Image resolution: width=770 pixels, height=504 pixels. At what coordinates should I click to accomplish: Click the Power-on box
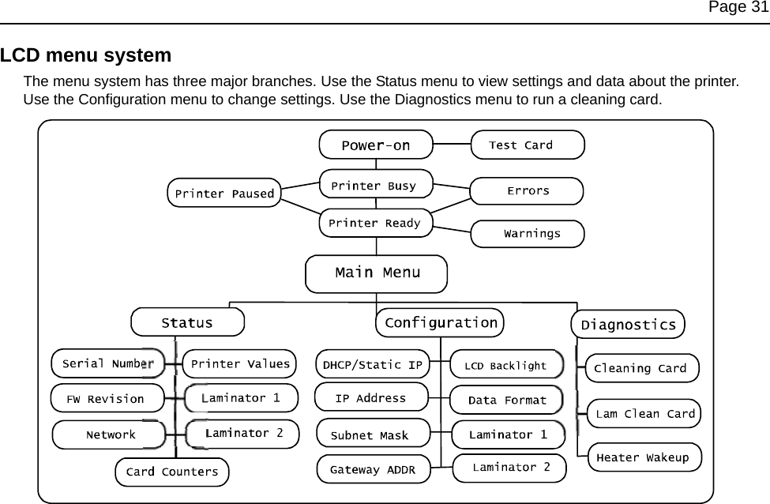376,145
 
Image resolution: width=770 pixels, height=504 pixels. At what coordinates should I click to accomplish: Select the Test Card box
527,145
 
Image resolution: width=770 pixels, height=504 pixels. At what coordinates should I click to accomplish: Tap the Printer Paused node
224,193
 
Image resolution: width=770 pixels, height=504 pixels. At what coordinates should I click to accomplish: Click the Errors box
527,191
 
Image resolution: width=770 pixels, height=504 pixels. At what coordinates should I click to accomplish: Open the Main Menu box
376,273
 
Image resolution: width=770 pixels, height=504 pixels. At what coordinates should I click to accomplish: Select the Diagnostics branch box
628,325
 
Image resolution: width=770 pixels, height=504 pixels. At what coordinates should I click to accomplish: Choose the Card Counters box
172,472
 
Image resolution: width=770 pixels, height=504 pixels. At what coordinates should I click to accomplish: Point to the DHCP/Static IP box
372,365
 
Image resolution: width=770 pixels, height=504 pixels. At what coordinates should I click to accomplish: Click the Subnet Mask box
372,435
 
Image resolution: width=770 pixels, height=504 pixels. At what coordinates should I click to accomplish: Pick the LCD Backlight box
506,365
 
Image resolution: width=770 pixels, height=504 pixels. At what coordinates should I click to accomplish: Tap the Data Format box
506,400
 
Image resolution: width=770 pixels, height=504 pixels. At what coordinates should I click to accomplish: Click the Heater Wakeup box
643,457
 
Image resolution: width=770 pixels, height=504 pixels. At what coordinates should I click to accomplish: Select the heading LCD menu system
86,56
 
